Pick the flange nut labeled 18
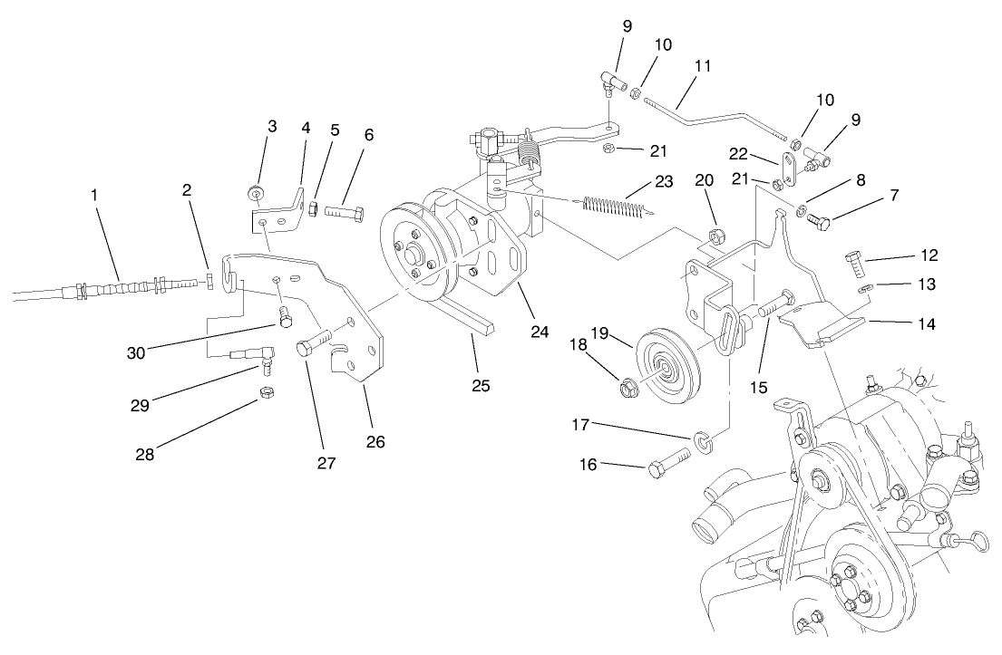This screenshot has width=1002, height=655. [627, 390]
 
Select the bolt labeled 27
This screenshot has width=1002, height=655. [310, 348]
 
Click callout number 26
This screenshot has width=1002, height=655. [375, 441]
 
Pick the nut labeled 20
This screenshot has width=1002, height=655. [715, 238]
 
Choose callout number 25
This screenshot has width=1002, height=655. [481, 385]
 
